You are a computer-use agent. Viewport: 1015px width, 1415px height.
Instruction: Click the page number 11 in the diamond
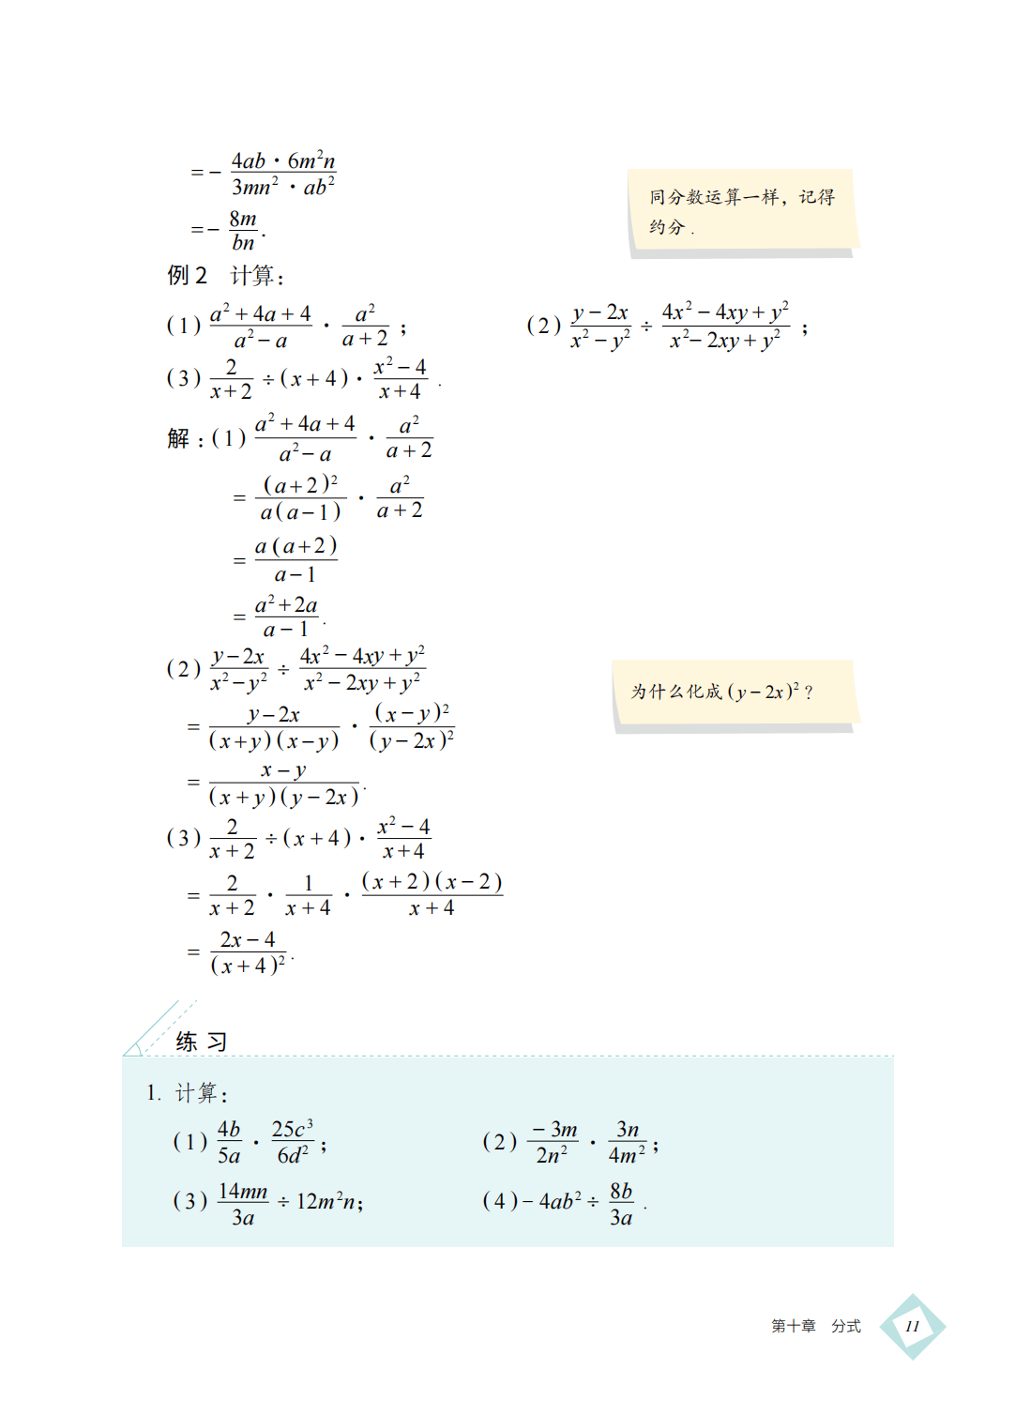tap(912, 1326)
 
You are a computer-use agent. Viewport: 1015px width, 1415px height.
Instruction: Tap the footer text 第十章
tap(793, 1326)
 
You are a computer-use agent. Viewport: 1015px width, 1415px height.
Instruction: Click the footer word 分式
tap(845, 1326)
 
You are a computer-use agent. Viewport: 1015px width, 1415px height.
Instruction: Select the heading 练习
tap(201, 1042)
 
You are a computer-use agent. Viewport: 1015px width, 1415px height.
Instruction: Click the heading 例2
tap(187, 275)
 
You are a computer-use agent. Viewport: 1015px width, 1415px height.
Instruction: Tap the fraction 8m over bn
tap(243, 231)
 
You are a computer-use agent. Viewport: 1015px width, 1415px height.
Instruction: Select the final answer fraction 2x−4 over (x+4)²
tap(248, 952)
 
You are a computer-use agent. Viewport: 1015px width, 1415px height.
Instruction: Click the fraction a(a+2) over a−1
tap(295, 560)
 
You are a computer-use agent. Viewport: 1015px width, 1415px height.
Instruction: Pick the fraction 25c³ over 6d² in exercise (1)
tap(293, 1142)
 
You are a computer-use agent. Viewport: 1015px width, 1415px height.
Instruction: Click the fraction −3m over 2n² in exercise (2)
tap(553, 1142)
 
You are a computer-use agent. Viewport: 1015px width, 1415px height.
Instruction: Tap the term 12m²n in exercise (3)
tap(328, 1201)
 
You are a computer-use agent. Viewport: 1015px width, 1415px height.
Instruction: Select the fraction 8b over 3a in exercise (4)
tap(621, 1204)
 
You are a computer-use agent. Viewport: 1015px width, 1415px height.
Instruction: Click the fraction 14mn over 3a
tap(243, 1204)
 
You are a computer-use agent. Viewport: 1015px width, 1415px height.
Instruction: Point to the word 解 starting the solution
tap(178, 438)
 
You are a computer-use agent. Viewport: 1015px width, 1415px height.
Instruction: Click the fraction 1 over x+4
tap(308, 896)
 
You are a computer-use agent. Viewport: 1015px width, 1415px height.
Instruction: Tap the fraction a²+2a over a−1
tap(286, 616)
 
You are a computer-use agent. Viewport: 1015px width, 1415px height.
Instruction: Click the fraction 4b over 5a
tap(229, 1142)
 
